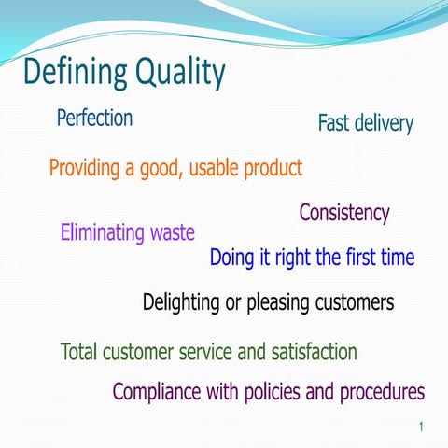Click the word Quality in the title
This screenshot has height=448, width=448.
coord(180,73)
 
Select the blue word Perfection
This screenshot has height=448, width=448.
coord(94,119)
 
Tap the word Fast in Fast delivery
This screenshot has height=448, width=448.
coord(333,123)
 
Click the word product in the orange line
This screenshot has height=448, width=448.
coord(273,169)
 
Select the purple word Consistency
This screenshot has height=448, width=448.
coord(343,213)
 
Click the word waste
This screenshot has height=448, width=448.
coord(172,232)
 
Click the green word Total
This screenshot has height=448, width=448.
coord(78,352)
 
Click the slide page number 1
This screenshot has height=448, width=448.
coord(422,427)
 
